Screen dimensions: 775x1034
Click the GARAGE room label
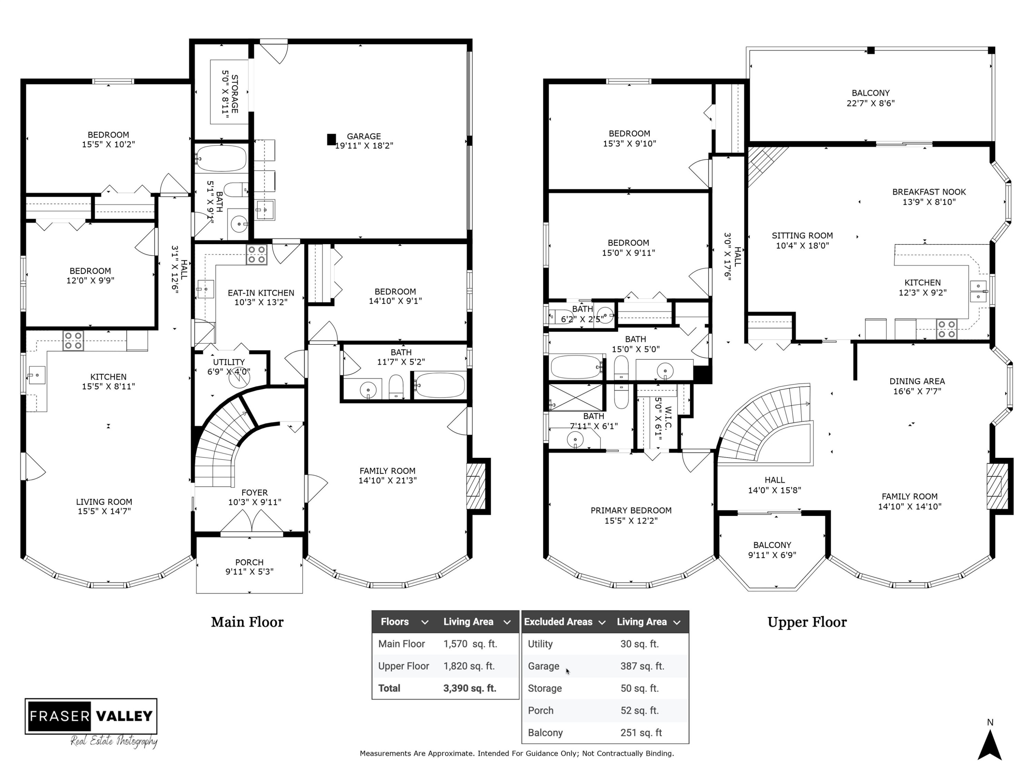tap(364, 141)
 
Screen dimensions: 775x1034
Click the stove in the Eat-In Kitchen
tap(257, 255)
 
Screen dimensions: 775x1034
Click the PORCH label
tap(249, 567)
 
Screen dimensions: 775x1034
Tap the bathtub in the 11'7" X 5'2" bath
tap(440, 385)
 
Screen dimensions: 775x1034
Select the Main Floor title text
tap(247, 622)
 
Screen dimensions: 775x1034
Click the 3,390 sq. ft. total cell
tap(469, 688)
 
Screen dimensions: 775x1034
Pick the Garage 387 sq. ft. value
tap(642, 666)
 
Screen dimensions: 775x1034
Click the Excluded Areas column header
tap(558, 622)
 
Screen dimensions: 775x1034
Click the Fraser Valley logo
tap(91, 716)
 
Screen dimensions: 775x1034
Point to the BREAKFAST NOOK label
tap(928, 197)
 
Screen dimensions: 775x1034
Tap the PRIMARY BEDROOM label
tap(631, 515)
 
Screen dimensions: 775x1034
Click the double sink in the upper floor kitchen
tap(978, 291)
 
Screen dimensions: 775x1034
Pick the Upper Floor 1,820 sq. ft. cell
tap(468, 666)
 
